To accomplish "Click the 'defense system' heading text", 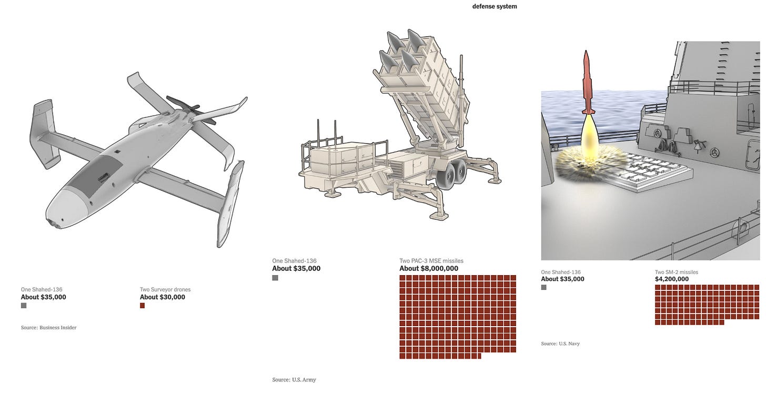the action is [x=495, y=6].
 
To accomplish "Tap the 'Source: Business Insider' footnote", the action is [x=48, y=327].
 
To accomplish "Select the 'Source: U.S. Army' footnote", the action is [x=294, y=379].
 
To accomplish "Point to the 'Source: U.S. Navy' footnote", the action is [x=560, y=344].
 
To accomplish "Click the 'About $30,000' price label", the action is [x=163, y=297].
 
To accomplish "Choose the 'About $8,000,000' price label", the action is [x=429, y=268].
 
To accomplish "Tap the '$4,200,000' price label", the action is [x=672, y=279].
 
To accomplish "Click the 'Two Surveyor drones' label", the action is [x=165, y=289].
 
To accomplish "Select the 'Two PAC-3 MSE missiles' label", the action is [x=431, y=260].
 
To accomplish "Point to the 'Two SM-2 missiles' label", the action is [x=677, y=272].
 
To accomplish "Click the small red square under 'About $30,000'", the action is [x=142, y=306].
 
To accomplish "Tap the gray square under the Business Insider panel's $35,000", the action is [x=24, y=306].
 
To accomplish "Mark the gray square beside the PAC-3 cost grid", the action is [x=275, y=278].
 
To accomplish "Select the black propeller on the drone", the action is [x=191, y=110].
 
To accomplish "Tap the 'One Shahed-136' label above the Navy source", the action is [x=561, y=272].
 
